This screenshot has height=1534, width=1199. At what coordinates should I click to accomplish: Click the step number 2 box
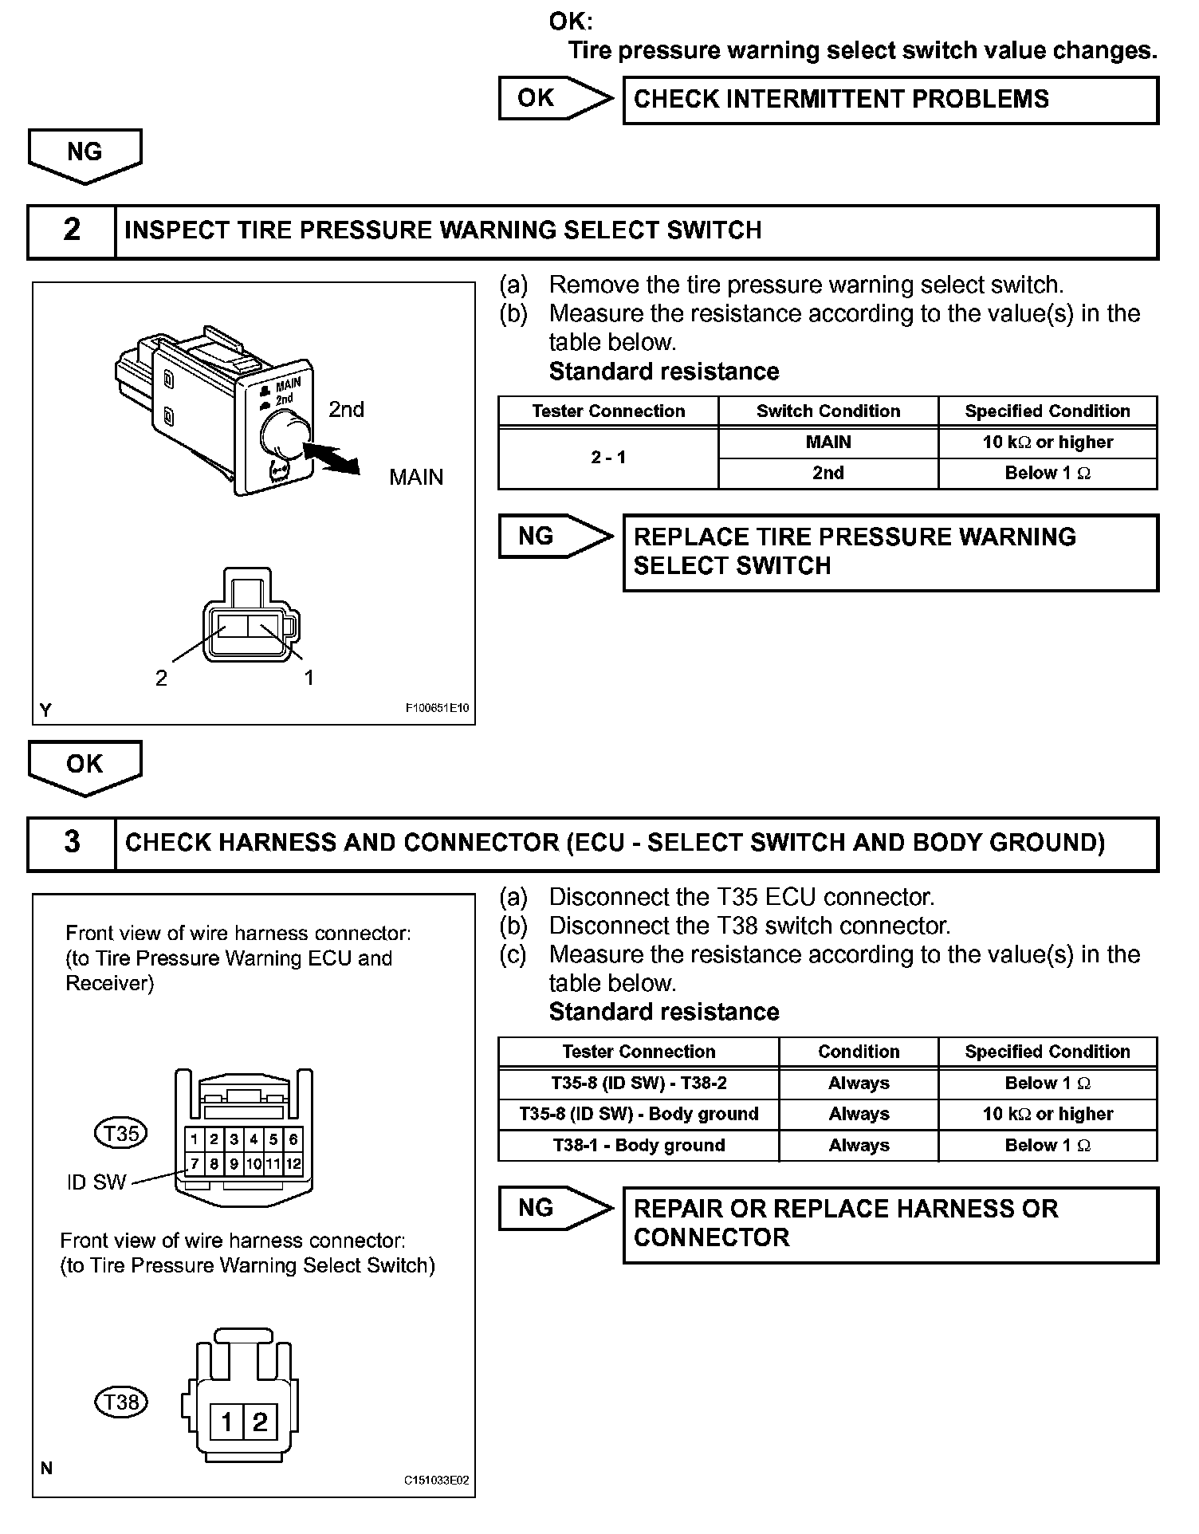coord(72,231)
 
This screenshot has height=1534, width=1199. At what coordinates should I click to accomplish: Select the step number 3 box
coord(72,843)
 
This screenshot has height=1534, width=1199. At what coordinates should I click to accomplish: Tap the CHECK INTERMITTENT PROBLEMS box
coord(890,100)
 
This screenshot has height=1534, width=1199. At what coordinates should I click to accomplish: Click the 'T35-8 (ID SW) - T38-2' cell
coord(639,1084)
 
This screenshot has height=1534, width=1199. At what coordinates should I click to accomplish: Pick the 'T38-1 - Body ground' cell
coord(639,1146)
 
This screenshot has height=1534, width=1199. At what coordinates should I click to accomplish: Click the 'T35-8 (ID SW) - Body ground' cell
coord(639,1115)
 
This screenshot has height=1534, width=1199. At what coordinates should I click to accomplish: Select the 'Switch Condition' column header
coord(828,411)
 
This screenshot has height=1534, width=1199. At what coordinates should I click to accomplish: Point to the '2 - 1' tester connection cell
coord(608,458)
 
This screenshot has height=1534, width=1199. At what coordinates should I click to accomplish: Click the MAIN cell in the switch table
coord(828,442)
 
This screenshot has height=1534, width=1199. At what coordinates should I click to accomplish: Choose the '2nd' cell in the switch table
coord(828,473)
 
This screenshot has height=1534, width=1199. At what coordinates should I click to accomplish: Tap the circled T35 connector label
coord(121,1133)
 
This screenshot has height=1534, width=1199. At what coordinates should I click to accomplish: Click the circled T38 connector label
coord(121,1402)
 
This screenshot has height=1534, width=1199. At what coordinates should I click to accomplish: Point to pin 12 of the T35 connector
coord(293,1164)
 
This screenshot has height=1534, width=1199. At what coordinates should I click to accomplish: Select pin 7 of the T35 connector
coord(195,1164)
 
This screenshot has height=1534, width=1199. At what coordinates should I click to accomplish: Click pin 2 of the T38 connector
coord(260,1422)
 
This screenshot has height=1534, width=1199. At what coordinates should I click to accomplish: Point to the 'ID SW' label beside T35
coord(96,1182)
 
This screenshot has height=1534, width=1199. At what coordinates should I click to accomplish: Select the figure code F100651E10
coord(437,708)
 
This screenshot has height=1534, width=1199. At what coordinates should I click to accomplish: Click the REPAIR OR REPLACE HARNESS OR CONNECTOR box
coord(890,1225)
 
